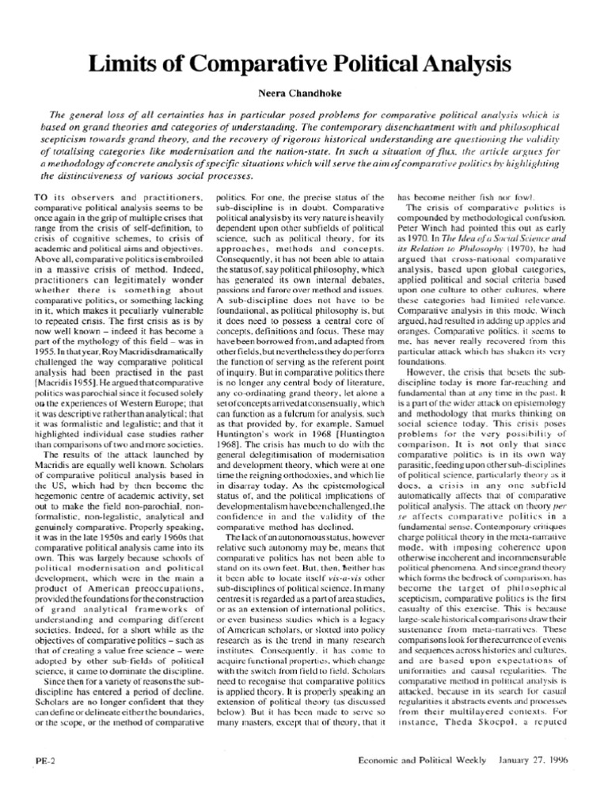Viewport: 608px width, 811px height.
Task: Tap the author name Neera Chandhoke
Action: coord(304,93)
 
